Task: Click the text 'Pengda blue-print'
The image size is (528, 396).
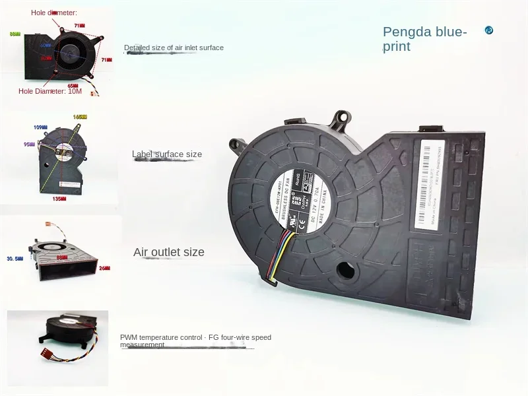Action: click(425, 39)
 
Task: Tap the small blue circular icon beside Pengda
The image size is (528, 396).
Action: click(489, 30)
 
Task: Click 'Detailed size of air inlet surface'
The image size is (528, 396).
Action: click(174, 48)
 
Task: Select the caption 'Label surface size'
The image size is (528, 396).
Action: click(167, 154)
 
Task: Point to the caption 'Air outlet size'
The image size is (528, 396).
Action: click(169, 252)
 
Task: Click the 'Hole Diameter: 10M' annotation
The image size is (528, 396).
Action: click(50, 91)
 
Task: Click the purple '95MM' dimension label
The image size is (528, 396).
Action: click(28, 143)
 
